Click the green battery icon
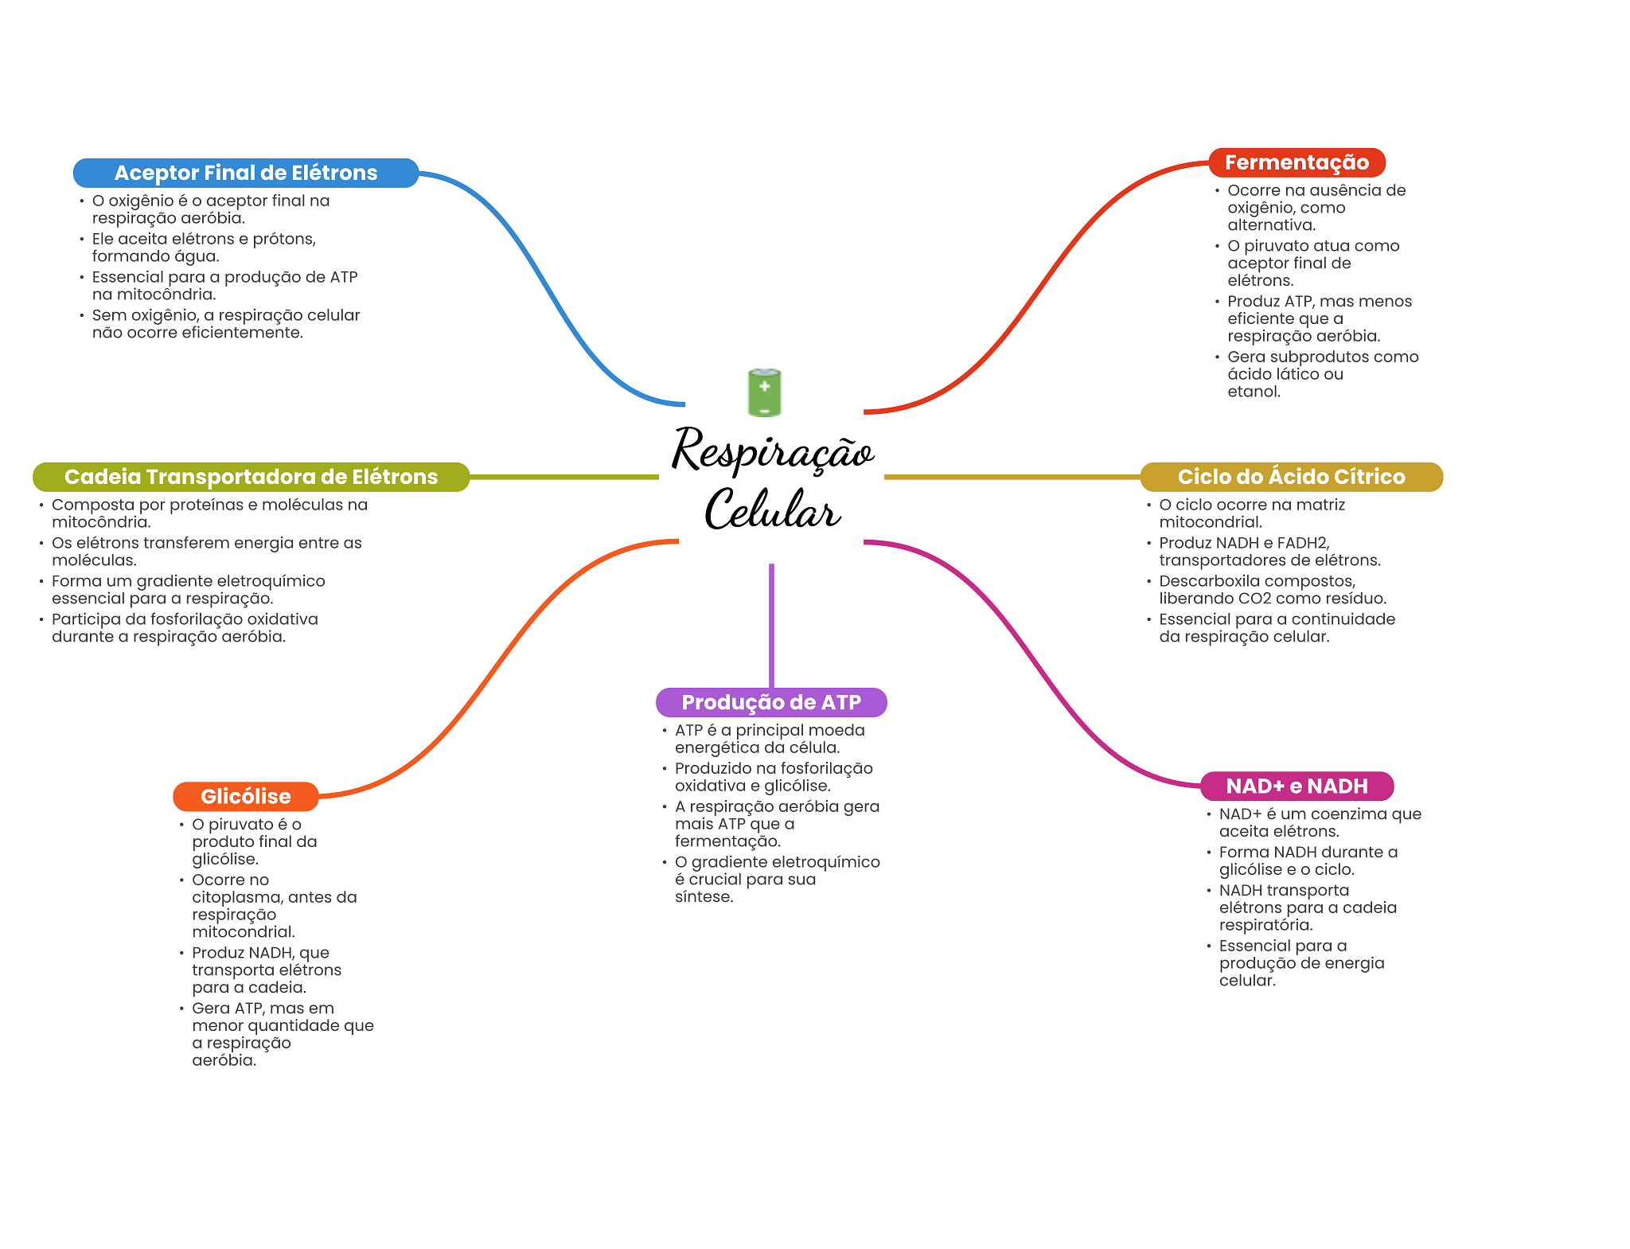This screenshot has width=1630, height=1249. click(x=764, y=392)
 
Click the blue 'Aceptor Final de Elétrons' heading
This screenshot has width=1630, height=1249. click(x=245, y=173)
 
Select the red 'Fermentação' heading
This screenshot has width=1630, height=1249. click(x=1297, y=162)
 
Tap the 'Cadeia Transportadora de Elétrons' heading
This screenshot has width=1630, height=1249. click(x=251, y=477)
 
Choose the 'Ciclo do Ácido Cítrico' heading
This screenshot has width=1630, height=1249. click(x=1291, y=477)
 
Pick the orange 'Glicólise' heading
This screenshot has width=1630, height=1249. click(x=245, y=796)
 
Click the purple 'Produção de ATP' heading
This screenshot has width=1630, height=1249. click(x=770, y=702)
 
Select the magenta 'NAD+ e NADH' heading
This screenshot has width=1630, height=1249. click(x=1297, y=786)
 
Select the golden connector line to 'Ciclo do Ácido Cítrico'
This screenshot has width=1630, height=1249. click(x=1011, y=477)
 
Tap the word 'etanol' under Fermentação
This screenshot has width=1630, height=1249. click(x=1252, y=392)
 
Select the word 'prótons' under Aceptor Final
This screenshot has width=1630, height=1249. click(x=283, y=239)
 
